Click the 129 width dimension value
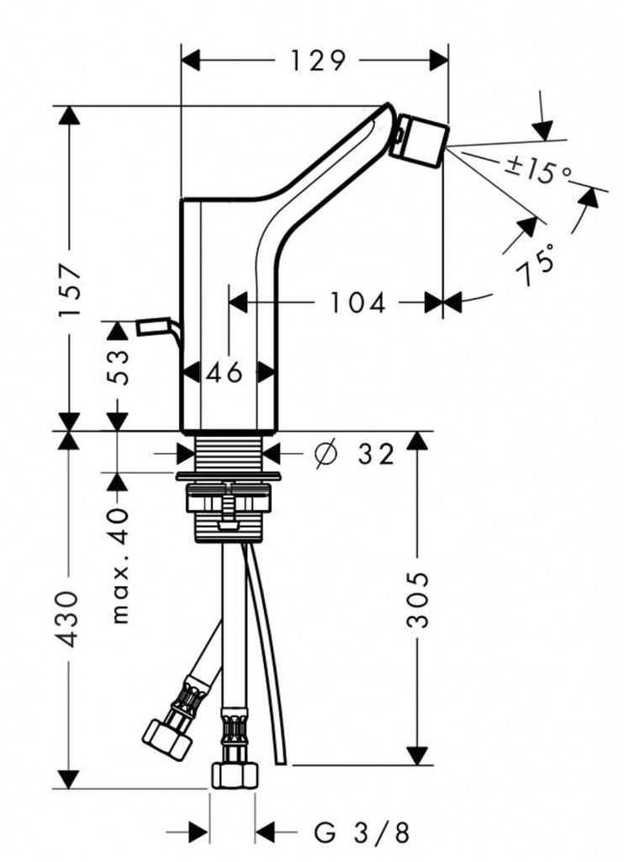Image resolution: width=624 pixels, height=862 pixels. pyautogui.click(x=318, y=61)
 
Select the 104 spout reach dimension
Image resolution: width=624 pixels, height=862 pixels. pyautogui.click(x=356, y=302)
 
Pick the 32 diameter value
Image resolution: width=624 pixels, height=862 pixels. pyautogui.click(x=375, y=455)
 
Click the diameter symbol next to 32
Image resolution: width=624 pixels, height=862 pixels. pyautogui.click(x=324, y=454)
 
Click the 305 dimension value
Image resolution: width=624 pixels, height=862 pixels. pyautogui.click(x=418, y=599)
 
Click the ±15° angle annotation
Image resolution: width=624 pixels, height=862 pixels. pyautogui.click(x=538, y=171)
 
